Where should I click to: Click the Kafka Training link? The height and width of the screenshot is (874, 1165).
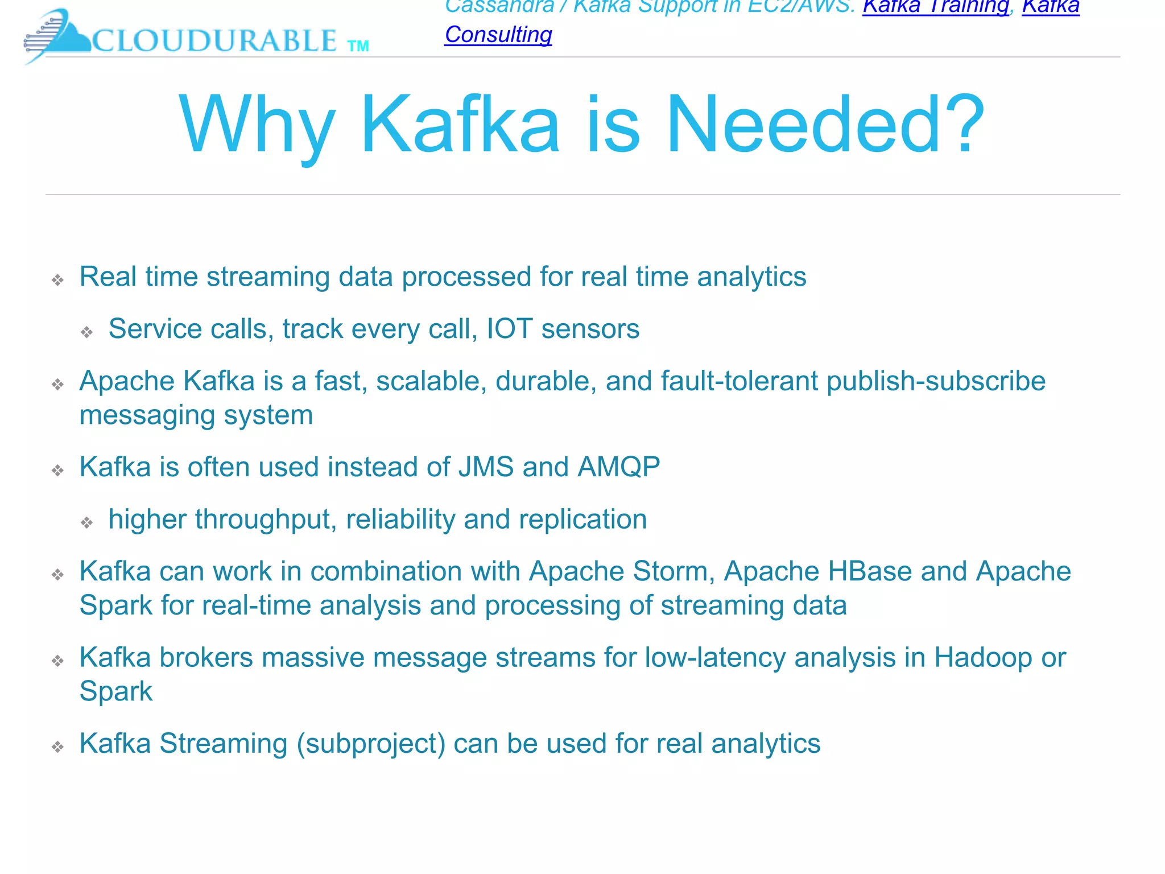tap(935, 7)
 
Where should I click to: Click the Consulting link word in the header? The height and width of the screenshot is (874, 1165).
tap(498, 35)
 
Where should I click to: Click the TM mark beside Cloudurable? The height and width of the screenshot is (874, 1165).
tap(358, 46)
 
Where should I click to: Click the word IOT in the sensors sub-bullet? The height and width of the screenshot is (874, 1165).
tap(509, 329)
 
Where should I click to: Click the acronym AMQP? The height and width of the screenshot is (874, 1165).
tap(618, 467)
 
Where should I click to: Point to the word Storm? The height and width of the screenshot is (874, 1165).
tap(674, 571)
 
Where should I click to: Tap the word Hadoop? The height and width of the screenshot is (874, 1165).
tap(983, 658)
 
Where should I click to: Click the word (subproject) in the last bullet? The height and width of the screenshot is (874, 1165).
tap(371, 744)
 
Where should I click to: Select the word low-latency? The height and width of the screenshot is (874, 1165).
tap(715, 658)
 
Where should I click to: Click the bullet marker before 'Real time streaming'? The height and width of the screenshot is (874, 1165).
tap(57, 279)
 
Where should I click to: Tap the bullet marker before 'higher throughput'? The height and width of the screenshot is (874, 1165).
tap(86, 522)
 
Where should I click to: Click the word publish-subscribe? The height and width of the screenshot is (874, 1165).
tap(936, 381)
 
